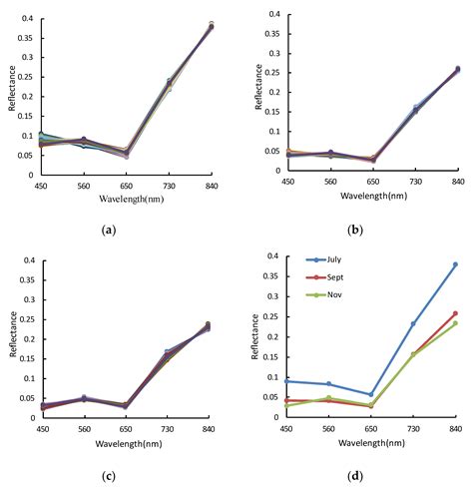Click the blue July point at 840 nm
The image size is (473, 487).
[455, 264]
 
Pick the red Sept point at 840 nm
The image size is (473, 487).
[455, 313]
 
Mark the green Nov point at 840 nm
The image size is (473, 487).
[455, 323]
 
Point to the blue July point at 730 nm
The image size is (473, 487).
[413, 323]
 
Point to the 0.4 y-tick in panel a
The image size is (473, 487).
[24, 19]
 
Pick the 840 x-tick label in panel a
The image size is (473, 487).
[211, 186]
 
